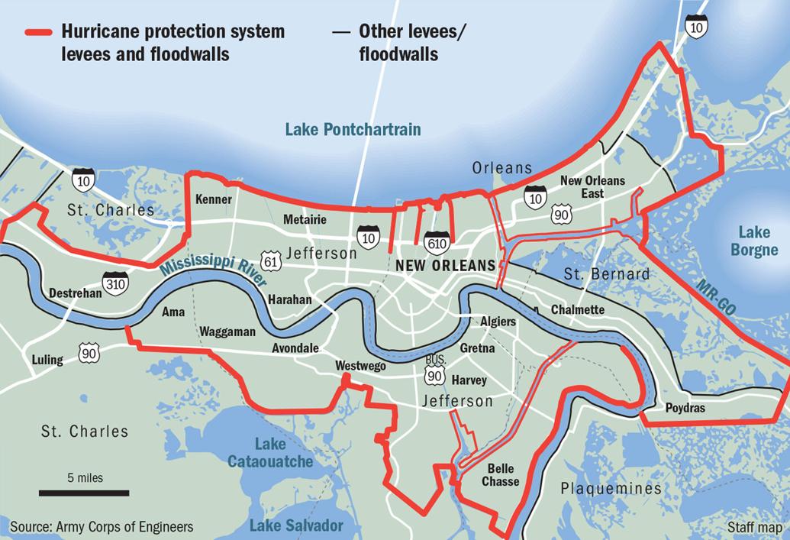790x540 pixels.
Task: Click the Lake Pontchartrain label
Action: point(352,129)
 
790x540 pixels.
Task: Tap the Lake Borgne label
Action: point(754,241)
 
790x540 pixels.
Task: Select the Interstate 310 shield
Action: point(116,284)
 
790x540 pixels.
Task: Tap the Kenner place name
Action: point(214,200)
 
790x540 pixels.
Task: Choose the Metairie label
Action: point(305,220)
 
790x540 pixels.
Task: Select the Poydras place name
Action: point(685,408)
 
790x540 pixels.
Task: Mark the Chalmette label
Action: point(577,310)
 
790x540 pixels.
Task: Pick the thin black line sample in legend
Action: point(343,32)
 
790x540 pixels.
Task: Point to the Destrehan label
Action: point(75,293)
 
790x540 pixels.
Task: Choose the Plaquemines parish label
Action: point(611,488)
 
